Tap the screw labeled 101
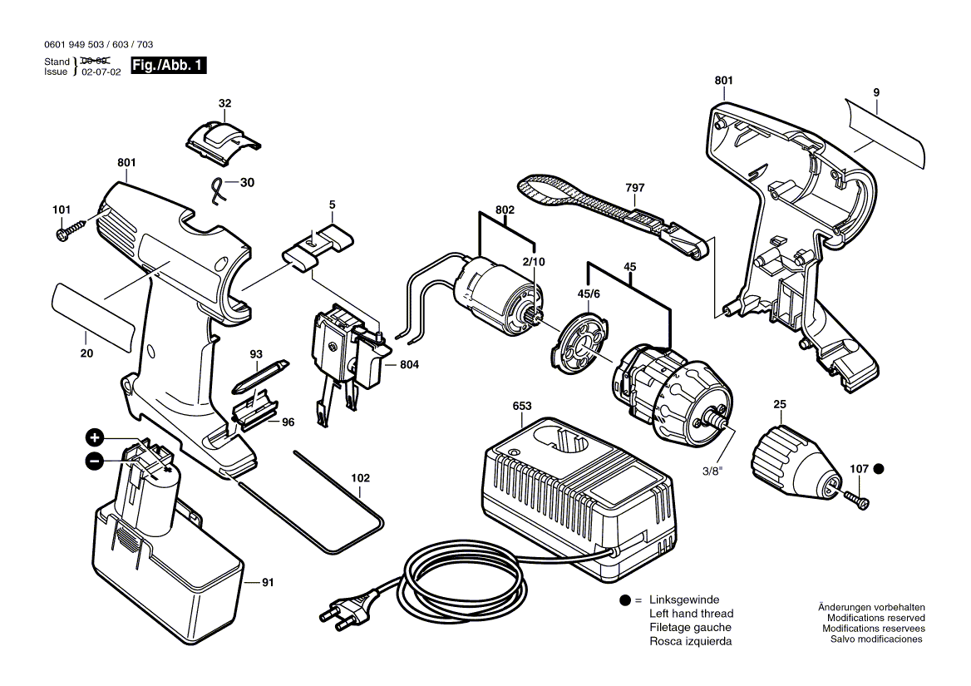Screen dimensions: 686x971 coord(71,230)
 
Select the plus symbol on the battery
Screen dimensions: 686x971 coord(95,437)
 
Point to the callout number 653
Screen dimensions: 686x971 coord(521,406)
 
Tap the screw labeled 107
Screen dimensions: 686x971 coord(856,497)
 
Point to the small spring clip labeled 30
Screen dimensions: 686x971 coord(219,191)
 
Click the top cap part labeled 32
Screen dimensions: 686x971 coord(219,137)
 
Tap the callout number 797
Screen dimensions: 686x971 coord(634,189)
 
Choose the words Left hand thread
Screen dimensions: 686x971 coord(691,614)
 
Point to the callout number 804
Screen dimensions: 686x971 coord(409,364)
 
